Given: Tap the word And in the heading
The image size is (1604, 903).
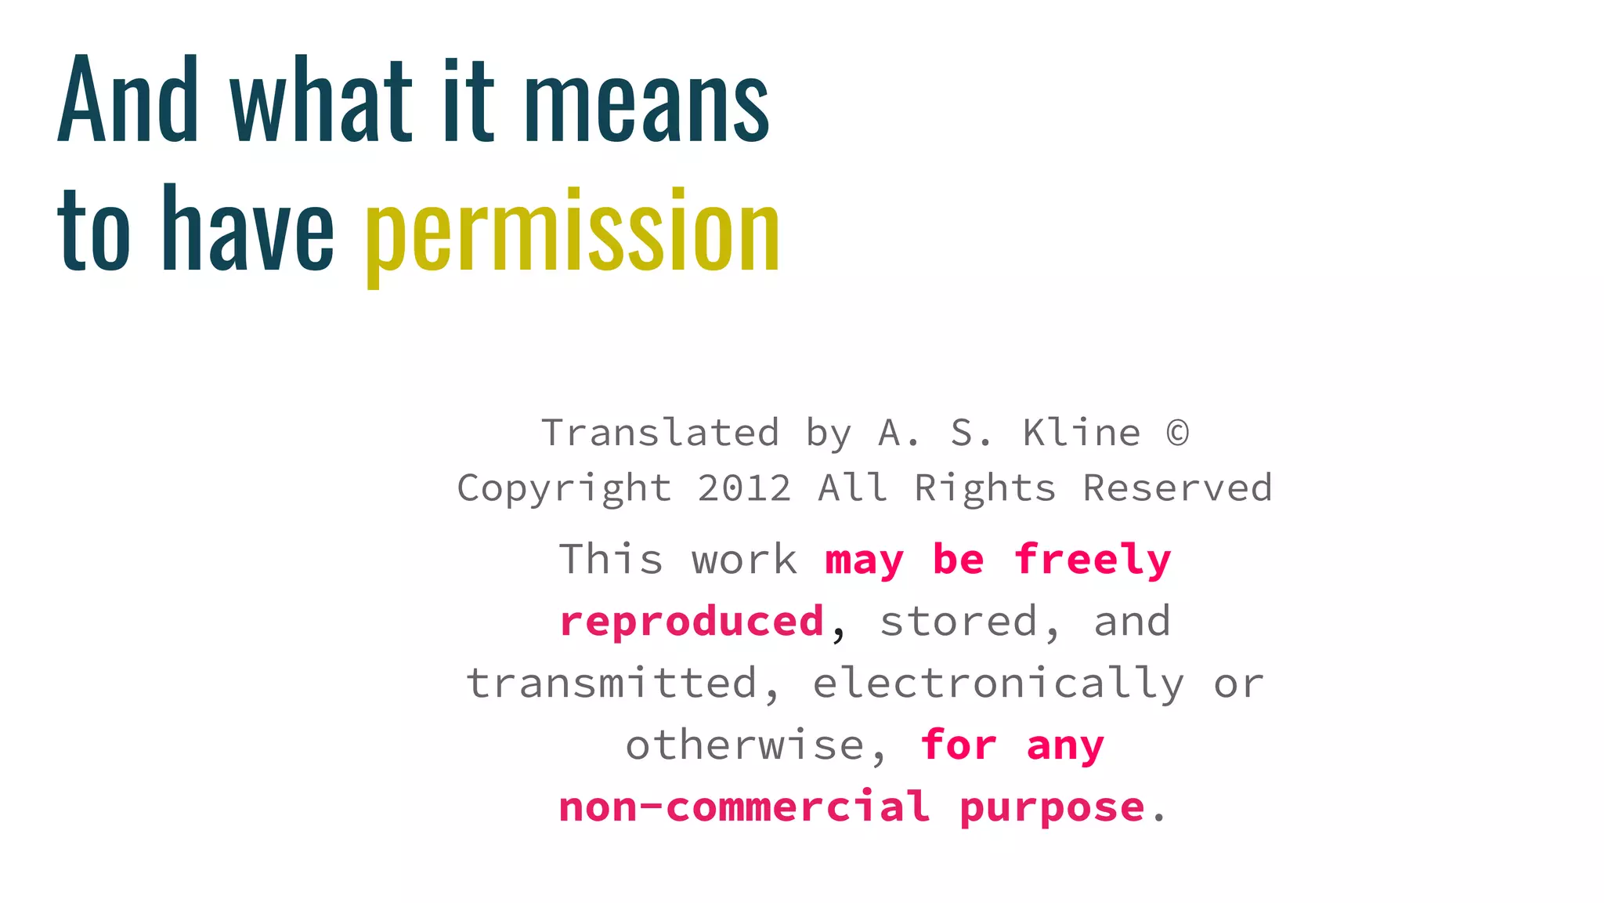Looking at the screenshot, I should pos(128,100).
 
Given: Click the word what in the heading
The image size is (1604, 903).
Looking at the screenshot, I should pos(320,100).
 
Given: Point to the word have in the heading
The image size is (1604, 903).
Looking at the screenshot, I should pos(247,230).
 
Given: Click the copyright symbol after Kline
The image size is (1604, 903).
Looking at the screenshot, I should pos(1177,433).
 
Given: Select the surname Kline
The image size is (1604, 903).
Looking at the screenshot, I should pos(1082,433).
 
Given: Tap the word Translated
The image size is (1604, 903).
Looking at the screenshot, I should pos(660,433).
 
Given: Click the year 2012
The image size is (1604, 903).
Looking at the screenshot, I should pos(744,488).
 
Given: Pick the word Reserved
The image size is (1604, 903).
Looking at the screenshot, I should pos(1177,488).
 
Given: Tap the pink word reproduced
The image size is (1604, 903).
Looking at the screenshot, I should pos(692,622).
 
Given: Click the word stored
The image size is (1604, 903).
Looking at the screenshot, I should pos(959,622).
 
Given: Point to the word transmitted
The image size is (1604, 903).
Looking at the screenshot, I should pos(613,683).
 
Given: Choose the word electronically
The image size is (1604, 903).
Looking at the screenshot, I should pos(998,684).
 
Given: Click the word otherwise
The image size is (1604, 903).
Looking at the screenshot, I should pos(745,745).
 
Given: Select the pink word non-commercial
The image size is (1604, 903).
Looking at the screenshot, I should pos(744,807).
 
